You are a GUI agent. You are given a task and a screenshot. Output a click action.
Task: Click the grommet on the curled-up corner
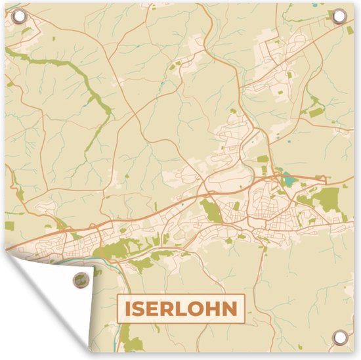(79, 278)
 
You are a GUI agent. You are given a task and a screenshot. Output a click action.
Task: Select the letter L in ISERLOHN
(180, 307)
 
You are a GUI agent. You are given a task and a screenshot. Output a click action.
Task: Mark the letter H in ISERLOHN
(212, 307)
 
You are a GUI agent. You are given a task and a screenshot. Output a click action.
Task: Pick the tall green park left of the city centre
(211, 211)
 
